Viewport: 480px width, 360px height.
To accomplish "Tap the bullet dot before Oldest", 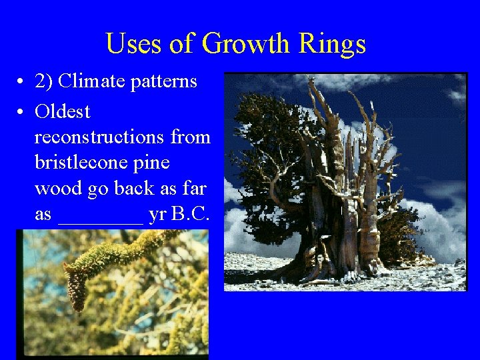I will click(22, 111).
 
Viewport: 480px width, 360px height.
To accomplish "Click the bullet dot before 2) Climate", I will click(22, 82).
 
